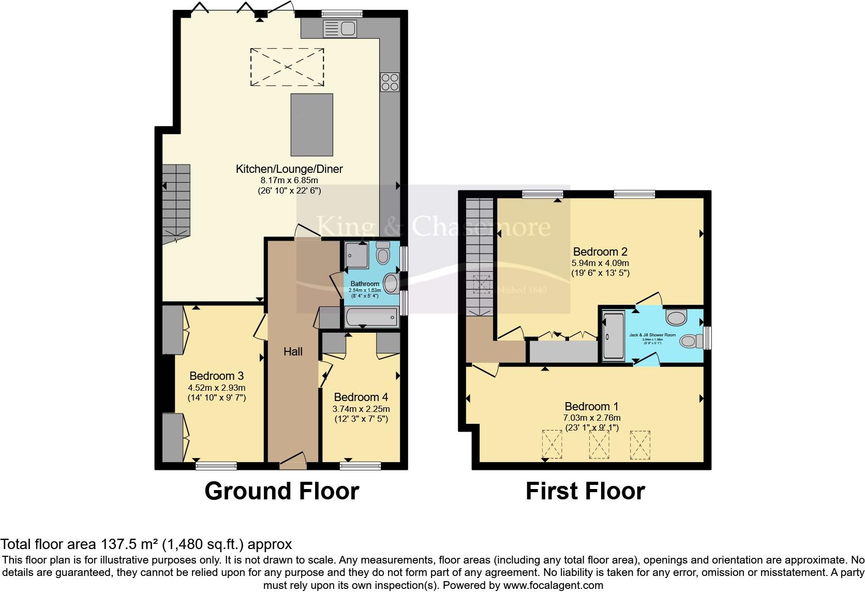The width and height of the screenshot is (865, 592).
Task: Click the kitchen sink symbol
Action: [x=339, y=28]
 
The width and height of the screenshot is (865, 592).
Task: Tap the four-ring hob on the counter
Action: [x=390, y=82]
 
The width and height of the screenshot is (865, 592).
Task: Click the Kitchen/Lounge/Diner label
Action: [x=289, y=169]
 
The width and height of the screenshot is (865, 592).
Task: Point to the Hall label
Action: [x=293, y=352]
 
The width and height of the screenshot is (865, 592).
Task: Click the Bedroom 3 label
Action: [x=216, y=376]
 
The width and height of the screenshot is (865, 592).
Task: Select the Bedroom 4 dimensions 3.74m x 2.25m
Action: [x=361, y=409]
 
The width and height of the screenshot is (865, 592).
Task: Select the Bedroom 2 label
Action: [x=600, y=252]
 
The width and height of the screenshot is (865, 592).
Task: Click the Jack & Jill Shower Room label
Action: [x=652, y=335]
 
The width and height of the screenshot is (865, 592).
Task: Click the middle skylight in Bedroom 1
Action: [x=599, y=445]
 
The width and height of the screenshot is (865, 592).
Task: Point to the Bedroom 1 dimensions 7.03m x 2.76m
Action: [x=592, y=418]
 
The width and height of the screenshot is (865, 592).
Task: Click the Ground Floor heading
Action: [x=281, y=491]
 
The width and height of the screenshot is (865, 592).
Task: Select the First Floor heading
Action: [x=585, y=491]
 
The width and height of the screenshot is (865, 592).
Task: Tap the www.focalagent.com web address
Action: [x=553, y=586]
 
